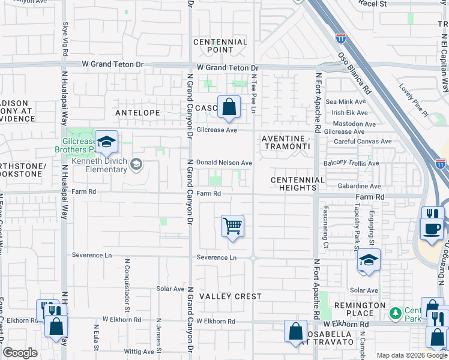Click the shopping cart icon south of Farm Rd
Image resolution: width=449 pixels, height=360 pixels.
point(232,226)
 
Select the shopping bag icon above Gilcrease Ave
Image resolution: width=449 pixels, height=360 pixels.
point(229,107)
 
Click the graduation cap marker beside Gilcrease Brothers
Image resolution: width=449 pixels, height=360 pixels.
point(106,142)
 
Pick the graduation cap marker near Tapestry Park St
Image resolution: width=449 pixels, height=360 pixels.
point(368,260)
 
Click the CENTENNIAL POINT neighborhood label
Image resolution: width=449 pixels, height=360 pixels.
point(220,46)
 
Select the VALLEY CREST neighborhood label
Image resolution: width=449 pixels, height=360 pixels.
point(231,296)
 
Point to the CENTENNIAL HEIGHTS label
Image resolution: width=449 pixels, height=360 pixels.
point(298,184)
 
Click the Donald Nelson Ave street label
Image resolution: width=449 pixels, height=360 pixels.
point(224,163)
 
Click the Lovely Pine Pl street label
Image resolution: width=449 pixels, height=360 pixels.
point(414,100)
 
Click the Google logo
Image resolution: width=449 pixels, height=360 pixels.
point(20,353)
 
